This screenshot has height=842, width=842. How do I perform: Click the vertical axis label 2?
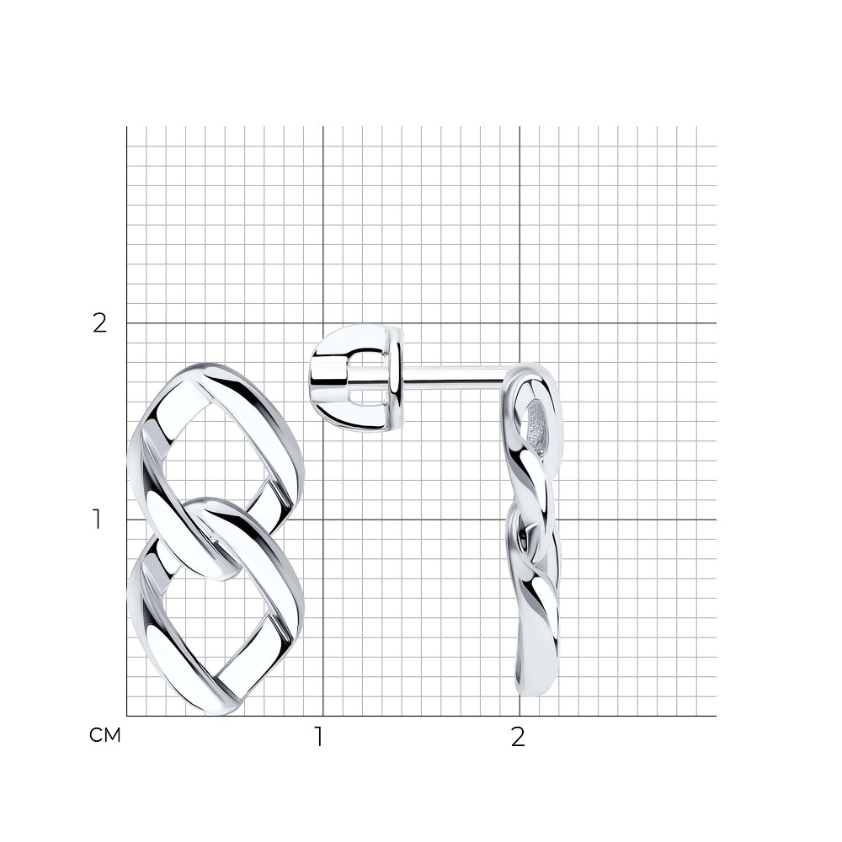coord(100,323)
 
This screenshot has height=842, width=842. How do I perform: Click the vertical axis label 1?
coord(97,520)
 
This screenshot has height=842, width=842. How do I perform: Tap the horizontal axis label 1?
coord(319,738)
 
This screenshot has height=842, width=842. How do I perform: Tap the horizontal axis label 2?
coord(518,738)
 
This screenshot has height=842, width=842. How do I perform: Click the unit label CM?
coord(105,735)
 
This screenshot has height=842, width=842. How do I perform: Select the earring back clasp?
coord(356,378)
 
